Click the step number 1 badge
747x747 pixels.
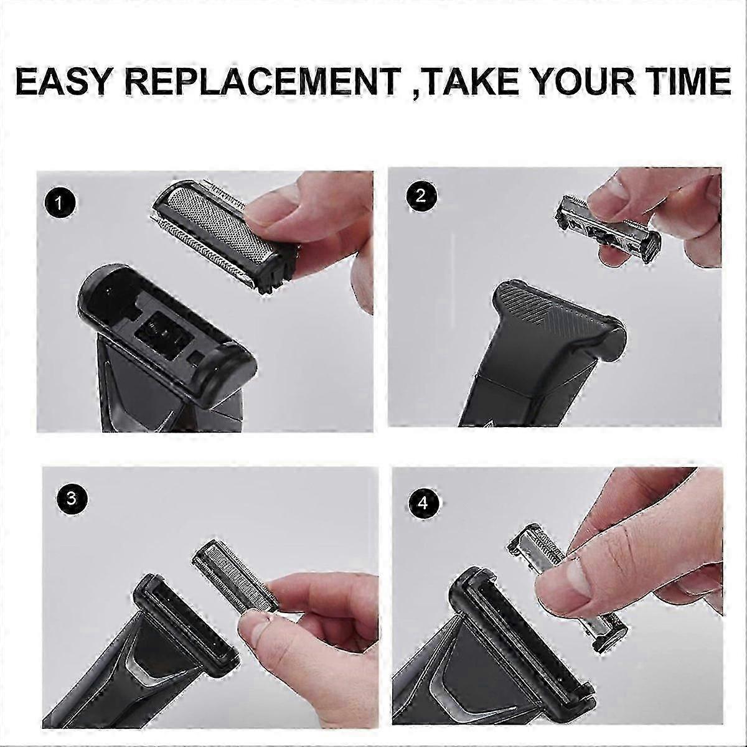pos(59,203)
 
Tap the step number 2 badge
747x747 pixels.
pos(421,197)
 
